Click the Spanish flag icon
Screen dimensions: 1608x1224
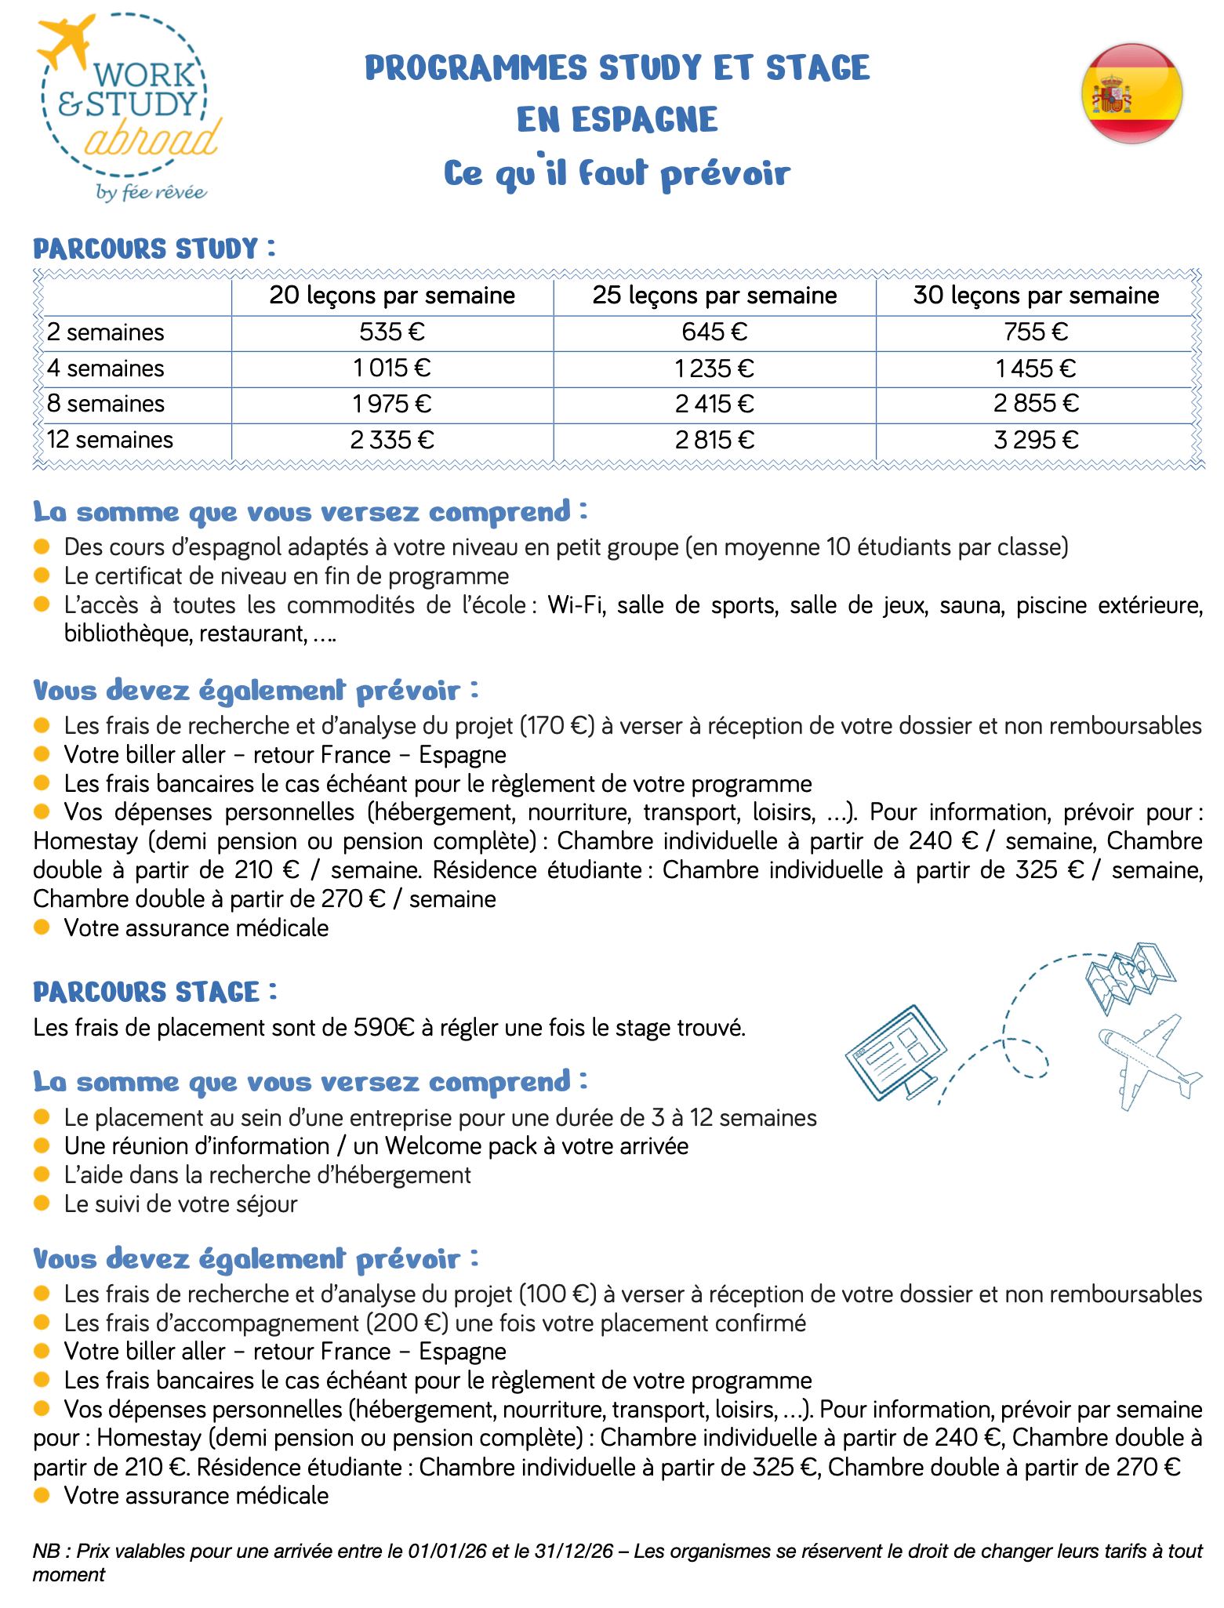(1131, 94)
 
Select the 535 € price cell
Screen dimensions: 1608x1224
(392, 332)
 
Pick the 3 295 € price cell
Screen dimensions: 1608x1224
(1036, 440)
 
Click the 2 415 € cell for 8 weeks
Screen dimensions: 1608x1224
(714, 404)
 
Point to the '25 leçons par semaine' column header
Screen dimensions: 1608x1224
(714, 296)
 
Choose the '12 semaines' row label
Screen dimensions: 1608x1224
(110, 440)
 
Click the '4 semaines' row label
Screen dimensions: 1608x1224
(106, 368)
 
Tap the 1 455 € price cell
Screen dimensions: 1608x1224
(1036, 368)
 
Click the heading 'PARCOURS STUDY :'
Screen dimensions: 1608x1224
(154, 249)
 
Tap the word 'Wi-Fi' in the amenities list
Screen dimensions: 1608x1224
(576, 605)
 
